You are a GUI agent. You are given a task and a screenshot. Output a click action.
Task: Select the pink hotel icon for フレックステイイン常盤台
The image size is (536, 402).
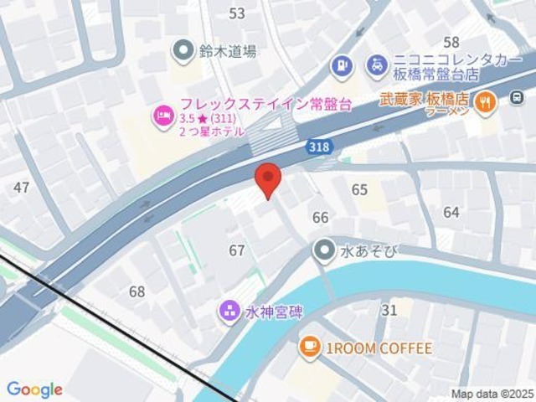162,114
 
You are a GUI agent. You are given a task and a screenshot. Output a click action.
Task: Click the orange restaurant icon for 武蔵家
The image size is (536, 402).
485,102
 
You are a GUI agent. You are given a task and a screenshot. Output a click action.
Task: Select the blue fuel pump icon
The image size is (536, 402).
341,64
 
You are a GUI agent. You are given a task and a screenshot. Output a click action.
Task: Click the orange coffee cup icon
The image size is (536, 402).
309,348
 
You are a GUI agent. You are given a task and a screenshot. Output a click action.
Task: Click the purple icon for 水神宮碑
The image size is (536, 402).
229,312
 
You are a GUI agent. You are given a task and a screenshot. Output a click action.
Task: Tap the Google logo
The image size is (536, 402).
34,389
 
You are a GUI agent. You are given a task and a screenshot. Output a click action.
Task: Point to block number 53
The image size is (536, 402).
237,13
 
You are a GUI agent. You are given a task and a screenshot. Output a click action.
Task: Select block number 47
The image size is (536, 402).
22,188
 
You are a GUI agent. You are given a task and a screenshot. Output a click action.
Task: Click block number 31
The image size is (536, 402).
389,311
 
